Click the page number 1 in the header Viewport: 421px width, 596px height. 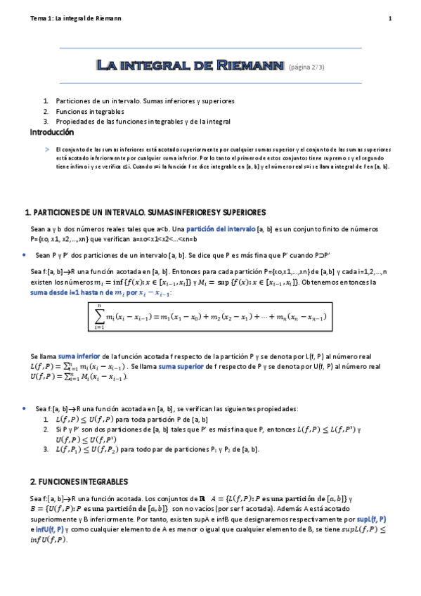pos(389,18)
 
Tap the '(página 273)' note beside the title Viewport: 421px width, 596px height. pos(306,67)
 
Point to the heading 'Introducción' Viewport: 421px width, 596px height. pos(51,132)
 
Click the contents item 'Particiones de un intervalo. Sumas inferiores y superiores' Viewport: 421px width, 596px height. pos(145,101)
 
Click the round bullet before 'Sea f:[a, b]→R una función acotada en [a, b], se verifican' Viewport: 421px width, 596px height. pos(25,408)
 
